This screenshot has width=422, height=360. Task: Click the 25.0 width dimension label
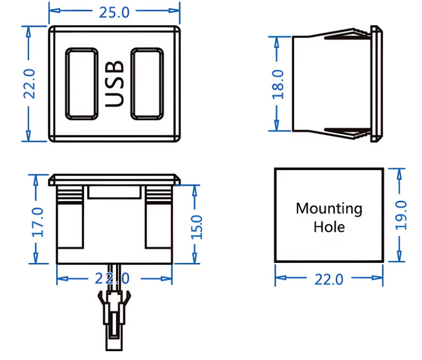point(115,12)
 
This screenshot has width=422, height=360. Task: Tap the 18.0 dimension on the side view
point(278,84)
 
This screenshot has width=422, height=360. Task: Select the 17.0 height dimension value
point(38,222)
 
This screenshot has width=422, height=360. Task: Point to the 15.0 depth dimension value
point(197,227)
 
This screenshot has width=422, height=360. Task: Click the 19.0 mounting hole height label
point(401,215)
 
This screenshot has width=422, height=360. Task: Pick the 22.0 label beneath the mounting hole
point(329,279)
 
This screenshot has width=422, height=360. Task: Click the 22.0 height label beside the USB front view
point(29,84)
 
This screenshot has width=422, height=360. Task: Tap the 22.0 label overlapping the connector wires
point(112,278)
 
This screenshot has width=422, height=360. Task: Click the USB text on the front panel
point(115,84)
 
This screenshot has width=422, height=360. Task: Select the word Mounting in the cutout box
point(329,209)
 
